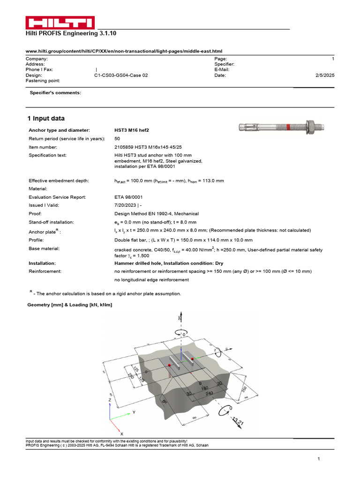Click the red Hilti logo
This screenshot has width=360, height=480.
pyautogui.click(x=60, y=23)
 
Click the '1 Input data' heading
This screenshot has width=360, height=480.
pyautogui.click(x=46, y=119)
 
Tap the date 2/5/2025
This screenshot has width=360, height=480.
pyautogui.click(x=325, y=75)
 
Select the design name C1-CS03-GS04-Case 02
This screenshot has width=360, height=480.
pyautogui.click(x=121, y=75)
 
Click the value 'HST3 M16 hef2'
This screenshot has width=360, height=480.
pyautogui.click(x=134, y=130)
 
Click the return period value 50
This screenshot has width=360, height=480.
pyautogui.click(x=117, y=139)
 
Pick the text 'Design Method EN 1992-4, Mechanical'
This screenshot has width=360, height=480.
pyautogui.click(x=157, y=214)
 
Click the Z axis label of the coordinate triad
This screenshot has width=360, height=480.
pyautogui.click(x=109, y=401)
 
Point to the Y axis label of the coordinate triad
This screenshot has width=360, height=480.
pyautogui.click(x=134, y=412)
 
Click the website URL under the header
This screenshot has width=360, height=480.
pyautogui.click(x=124, y=51)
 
